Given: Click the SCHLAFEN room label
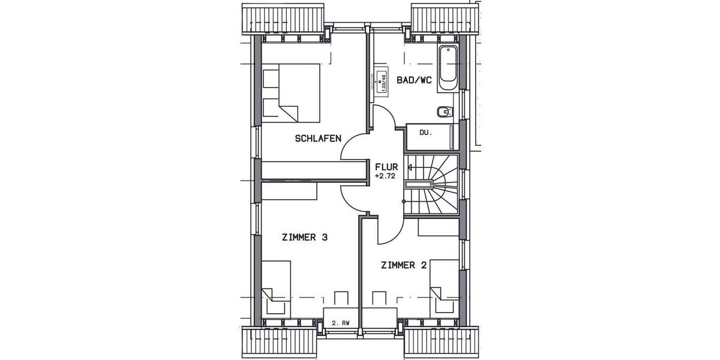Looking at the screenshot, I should pyautogui.click(x=318, y=139).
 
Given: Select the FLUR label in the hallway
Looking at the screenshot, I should pyautogui.click(x=385, y=167).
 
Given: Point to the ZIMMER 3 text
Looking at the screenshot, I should pyautogui.click(x=304, y=237).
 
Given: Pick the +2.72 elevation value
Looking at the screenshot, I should pyautogui.click(x=385, y=177).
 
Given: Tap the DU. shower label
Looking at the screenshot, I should pyautogui.click(x=425, y=133).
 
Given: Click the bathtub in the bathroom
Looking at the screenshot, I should pyautogui.click(x=447, y=68).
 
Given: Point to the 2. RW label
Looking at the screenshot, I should pyautogui.click(x=340, y=323).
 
